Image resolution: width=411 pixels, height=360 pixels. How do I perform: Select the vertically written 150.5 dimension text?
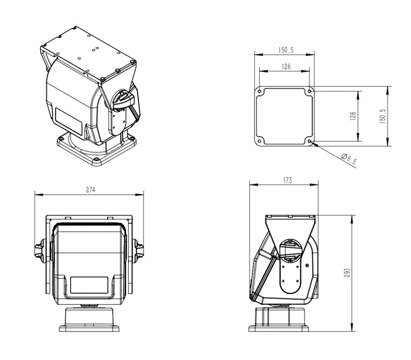point(382,116)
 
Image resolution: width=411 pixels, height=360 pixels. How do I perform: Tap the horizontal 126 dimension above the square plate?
point(286,66)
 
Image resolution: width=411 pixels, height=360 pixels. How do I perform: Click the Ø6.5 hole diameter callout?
point(348,159)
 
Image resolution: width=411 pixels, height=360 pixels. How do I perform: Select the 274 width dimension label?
point(90,190)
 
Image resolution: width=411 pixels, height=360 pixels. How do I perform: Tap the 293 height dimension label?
point(347,271)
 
